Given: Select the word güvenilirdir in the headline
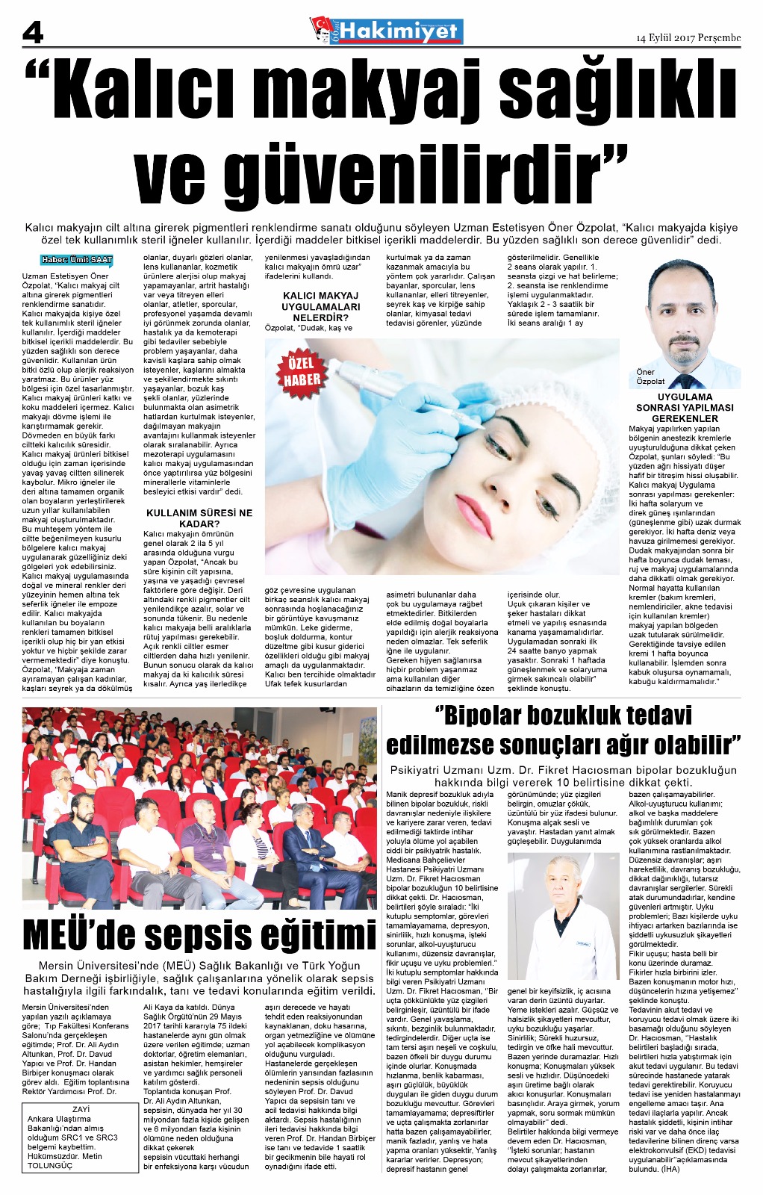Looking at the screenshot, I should pyautogui.click(x=381, y=176).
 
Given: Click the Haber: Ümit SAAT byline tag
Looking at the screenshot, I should pyautogui.click(x=77, y=260).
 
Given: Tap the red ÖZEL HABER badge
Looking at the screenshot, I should pyautogui.click(x=302, y=372).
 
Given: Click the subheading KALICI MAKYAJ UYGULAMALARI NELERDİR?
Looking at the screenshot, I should pyautogui.click(x=320, y=306).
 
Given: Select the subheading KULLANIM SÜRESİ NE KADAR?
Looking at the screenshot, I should pyautogui.click(x=199, y=518).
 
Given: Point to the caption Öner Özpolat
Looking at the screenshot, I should pyautogui.click(x=650, y=376).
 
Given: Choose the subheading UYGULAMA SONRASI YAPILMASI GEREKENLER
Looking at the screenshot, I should pyautogui.click(x=685, y=408).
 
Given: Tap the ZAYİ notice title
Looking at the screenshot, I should pyautogui.click(x=81, y=1109).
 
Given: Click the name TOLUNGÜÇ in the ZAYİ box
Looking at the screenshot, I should pyautogui.click(x=50, y=1165).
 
